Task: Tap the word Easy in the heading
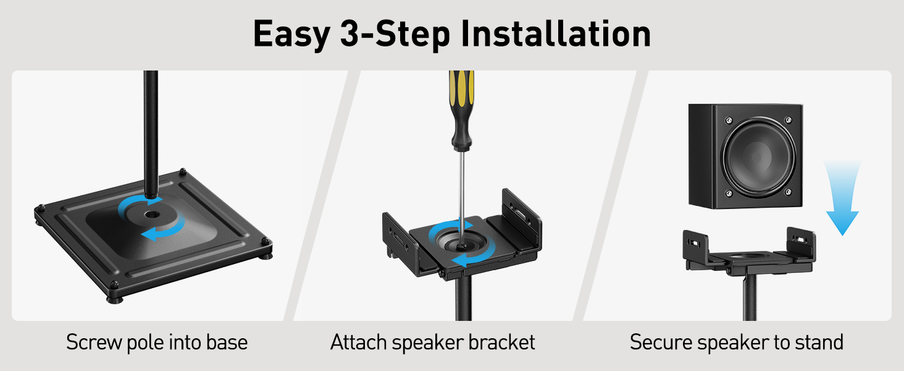(291, 34)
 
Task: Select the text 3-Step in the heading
(395, 34)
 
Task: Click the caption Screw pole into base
(157, 342)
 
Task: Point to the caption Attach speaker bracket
(433, 342)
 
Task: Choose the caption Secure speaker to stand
(737, 342)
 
